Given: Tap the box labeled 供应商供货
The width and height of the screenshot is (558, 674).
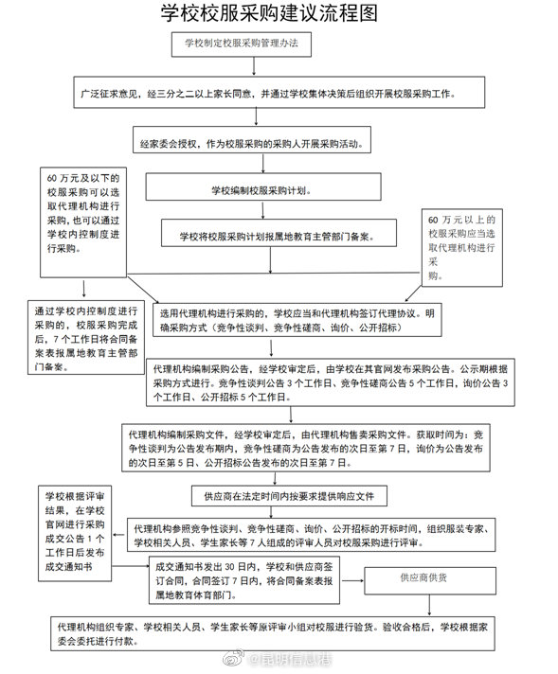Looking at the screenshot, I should pos(422,576).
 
